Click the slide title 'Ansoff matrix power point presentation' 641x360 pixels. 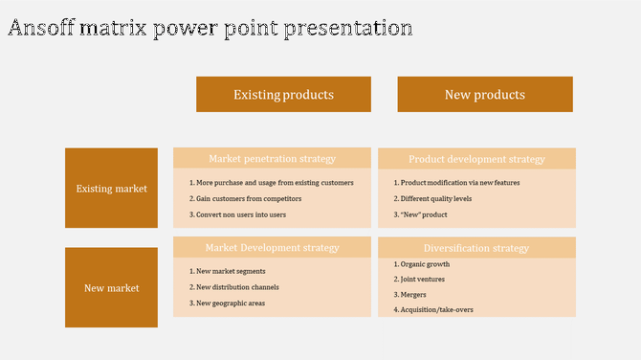click(210, 28)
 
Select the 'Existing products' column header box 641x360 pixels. click(283, 95)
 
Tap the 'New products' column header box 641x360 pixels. click(485, 95)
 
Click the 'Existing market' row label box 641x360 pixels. click(111, 189)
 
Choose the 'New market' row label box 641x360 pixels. click(111, 287)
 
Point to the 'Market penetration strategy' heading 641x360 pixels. click(272, 158)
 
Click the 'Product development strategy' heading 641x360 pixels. click(476, 159)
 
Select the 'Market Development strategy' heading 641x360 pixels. click(272, 247)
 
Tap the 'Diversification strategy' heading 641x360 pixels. click(476, 248)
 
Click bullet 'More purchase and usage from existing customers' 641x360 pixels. click(271, 182)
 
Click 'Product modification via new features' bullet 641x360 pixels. click(456, 182)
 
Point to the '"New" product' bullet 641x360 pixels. click(420, 214)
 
